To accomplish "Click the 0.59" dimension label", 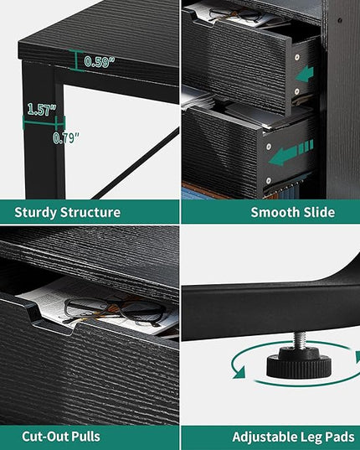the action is tap(99, 62).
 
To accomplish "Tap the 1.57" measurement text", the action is tap(42, 109).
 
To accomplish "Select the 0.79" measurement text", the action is tap(66, 138).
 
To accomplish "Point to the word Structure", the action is tap(90, 212).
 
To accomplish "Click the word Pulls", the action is tap(85, 437).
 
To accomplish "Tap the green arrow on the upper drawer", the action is tap(305, 74).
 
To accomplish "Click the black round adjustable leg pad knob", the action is tap(299, 363).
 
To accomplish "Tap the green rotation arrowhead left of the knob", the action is tap(239, 372).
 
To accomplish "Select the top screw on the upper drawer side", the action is tap(297, 57).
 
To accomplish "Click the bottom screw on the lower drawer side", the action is tap(268, 181).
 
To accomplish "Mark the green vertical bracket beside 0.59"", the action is tap(76, 60).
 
